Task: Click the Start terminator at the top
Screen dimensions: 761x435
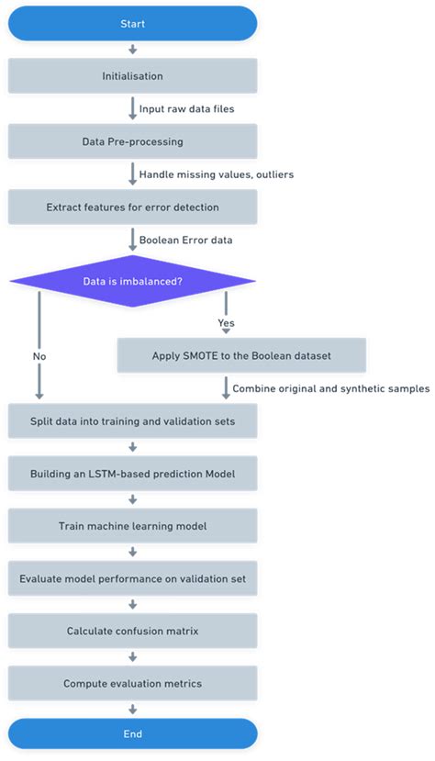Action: coord(132,24)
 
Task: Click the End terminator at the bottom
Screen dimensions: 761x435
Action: coord(132,734)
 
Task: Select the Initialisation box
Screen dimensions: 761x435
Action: coord(132,76)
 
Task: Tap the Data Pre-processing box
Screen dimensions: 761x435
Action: coord(132,142)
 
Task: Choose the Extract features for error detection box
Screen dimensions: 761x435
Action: coord(132,207)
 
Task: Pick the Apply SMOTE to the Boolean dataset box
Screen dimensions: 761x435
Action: coord(242,355)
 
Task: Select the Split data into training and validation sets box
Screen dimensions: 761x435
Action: coord(132,420)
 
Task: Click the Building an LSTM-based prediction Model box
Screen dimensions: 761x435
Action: coord(132,474)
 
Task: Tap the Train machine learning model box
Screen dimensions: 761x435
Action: coord(132,526)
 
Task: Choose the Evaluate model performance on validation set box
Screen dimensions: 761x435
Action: coord(132,579)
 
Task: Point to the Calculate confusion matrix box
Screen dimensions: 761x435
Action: coord(132,632)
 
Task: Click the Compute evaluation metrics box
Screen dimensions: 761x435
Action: coord(132,684)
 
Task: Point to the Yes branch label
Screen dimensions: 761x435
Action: coord(226,323)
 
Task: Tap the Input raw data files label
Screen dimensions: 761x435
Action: coord(187,109)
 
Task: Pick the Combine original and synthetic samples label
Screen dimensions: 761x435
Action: coord(330,388)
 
